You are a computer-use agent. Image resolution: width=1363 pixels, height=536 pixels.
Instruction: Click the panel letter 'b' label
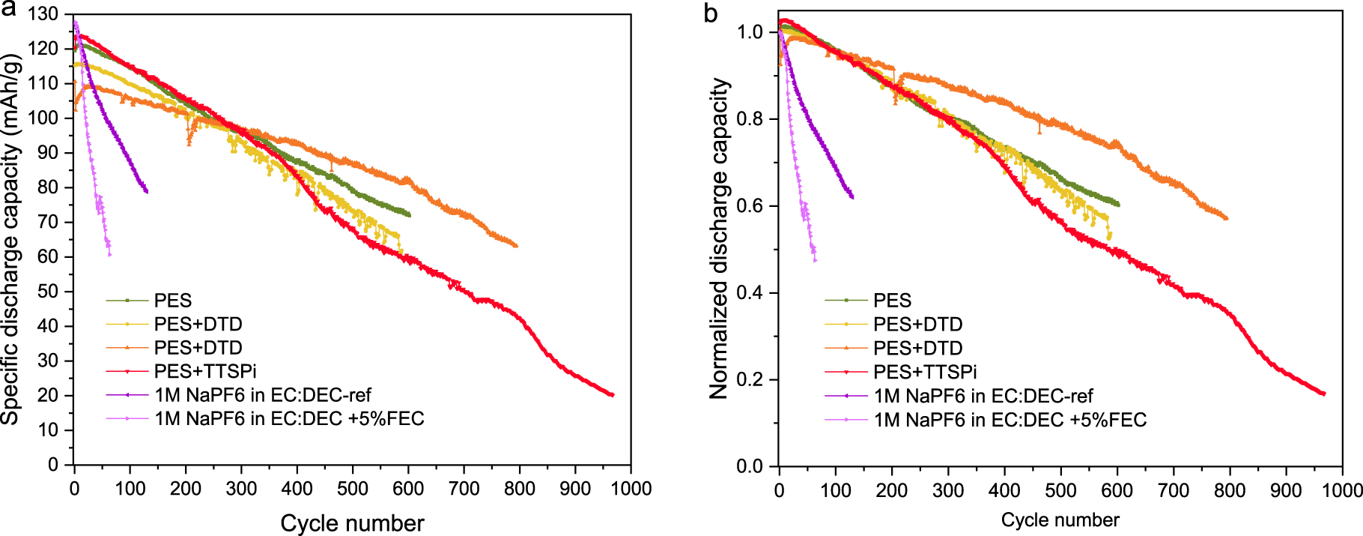tap(711, 13)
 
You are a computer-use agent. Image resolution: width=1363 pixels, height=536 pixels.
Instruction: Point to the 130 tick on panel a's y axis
tap(43, 14)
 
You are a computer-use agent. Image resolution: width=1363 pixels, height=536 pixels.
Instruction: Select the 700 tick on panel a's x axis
tap(464, 489)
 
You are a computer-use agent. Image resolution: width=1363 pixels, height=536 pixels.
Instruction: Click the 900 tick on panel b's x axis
tap(1286, 491)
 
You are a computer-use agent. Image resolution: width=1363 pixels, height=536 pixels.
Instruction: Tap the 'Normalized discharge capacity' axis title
tap(719, 238)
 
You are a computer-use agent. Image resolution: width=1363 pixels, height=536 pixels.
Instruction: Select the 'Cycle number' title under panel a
tap(352, 523)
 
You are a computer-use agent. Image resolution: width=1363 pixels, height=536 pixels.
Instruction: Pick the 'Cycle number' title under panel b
tap(1060, 520)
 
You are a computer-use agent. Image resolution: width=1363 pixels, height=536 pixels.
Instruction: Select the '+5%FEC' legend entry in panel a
tap(289, 418)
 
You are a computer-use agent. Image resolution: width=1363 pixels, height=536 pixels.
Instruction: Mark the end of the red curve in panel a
tap(613, 395)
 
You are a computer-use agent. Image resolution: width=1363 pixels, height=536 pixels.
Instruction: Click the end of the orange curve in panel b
tap(1226, 218)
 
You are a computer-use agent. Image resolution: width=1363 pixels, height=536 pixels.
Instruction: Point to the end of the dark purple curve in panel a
tap(147, 192)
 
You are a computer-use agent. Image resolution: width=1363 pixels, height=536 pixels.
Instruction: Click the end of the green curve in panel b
tap(1118, 204)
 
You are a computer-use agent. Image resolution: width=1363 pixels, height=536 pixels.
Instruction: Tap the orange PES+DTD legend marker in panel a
tap(127, 348)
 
